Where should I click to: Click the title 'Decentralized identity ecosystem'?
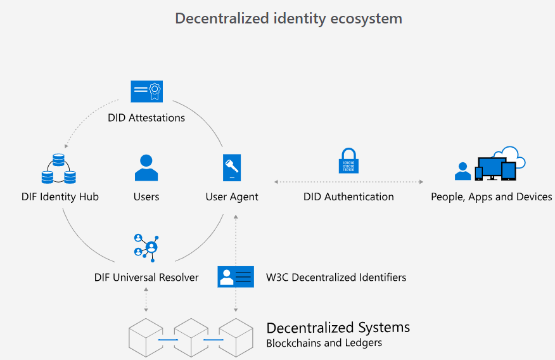[x=288, y=18]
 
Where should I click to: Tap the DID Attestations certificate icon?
[x=146, y=91]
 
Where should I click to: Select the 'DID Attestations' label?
[x=146, y=117]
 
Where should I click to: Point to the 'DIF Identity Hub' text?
[x=60, y=196]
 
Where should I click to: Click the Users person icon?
[x=146, y=168]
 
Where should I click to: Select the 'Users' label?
[x=146, y=196]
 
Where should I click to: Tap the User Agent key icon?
[x=232, y=168]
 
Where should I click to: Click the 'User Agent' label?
[x=232, y=196]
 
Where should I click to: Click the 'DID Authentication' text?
[x=348, y=196]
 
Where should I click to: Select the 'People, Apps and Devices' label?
[x=492, y=196]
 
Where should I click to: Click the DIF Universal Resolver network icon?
[x=146, y=247]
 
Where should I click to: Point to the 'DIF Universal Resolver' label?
[x=146, y=277]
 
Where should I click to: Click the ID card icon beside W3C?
[x=236, y=276]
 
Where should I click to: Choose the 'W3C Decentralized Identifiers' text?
[x=336, y=277]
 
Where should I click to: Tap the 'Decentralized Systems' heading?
[x=338, y=328]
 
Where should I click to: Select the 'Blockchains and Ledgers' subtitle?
[x=324, y=343]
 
